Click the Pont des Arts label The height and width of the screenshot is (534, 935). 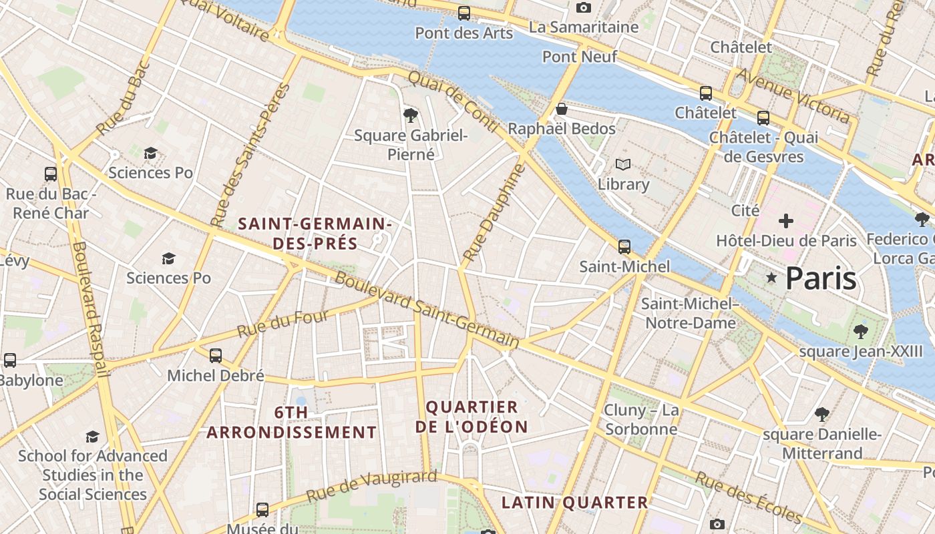click(463, 33)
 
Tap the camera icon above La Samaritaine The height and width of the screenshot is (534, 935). click(583, 7)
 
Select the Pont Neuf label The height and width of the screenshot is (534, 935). click(580, 57)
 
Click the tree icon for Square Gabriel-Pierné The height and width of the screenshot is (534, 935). click(411, 115)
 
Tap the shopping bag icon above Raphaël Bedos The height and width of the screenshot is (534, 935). click(562, 108)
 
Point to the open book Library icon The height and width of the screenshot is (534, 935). click(622, 164)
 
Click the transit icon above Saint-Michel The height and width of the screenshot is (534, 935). click(624, 247)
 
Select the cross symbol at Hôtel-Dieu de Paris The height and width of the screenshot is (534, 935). click(786, 220)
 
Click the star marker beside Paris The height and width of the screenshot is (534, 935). click(771, 278)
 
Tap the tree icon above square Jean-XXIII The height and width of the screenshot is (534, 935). click(860, 330)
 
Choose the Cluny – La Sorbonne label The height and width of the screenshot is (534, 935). click(641, 419)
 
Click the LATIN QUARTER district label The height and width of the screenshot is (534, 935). click(574, 503)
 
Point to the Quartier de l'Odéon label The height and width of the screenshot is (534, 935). click(472, 417)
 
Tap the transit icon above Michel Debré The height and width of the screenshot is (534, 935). click(215, 356)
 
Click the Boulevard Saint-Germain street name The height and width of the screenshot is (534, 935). click(427, 310)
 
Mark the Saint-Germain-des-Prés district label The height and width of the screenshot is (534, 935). click(315, 233)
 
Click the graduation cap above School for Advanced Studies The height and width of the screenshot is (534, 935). click(92, 437)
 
